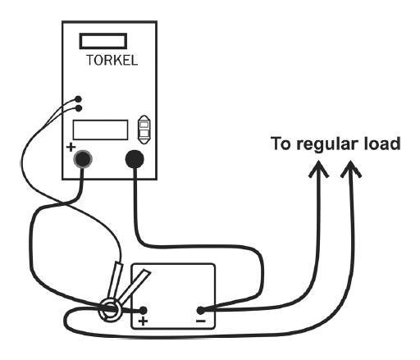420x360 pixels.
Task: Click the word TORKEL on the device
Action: pos(112,60)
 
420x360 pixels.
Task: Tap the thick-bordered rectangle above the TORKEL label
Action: pos(103,34)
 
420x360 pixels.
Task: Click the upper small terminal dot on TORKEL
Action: pos(78,99)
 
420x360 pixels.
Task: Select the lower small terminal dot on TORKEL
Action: pos(79,108)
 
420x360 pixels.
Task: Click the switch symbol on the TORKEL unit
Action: pos(144,130)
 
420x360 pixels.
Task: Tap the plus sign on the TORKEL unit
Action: pos(71,148)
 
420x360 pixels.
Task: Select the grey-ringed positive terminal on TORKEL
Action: pos(83,159)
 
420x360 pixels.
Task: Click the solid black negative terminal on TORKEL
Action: pos(135,159)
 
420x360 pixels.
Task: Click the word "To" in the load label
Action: pos(281,144)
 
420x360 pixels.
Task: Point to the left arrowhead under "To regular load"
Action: pos(318,170)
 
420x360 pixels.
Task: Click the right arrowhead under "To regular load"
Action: pos(351,170)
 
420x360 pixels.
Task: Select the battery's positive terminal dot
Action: pos(143,311)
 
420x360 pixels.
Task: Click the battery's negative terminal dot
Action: pos(201,311)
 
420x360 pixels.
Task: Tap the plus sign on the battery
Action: pos(144,321)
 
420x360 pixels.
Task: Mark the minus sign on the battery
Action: pos(201,321)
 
